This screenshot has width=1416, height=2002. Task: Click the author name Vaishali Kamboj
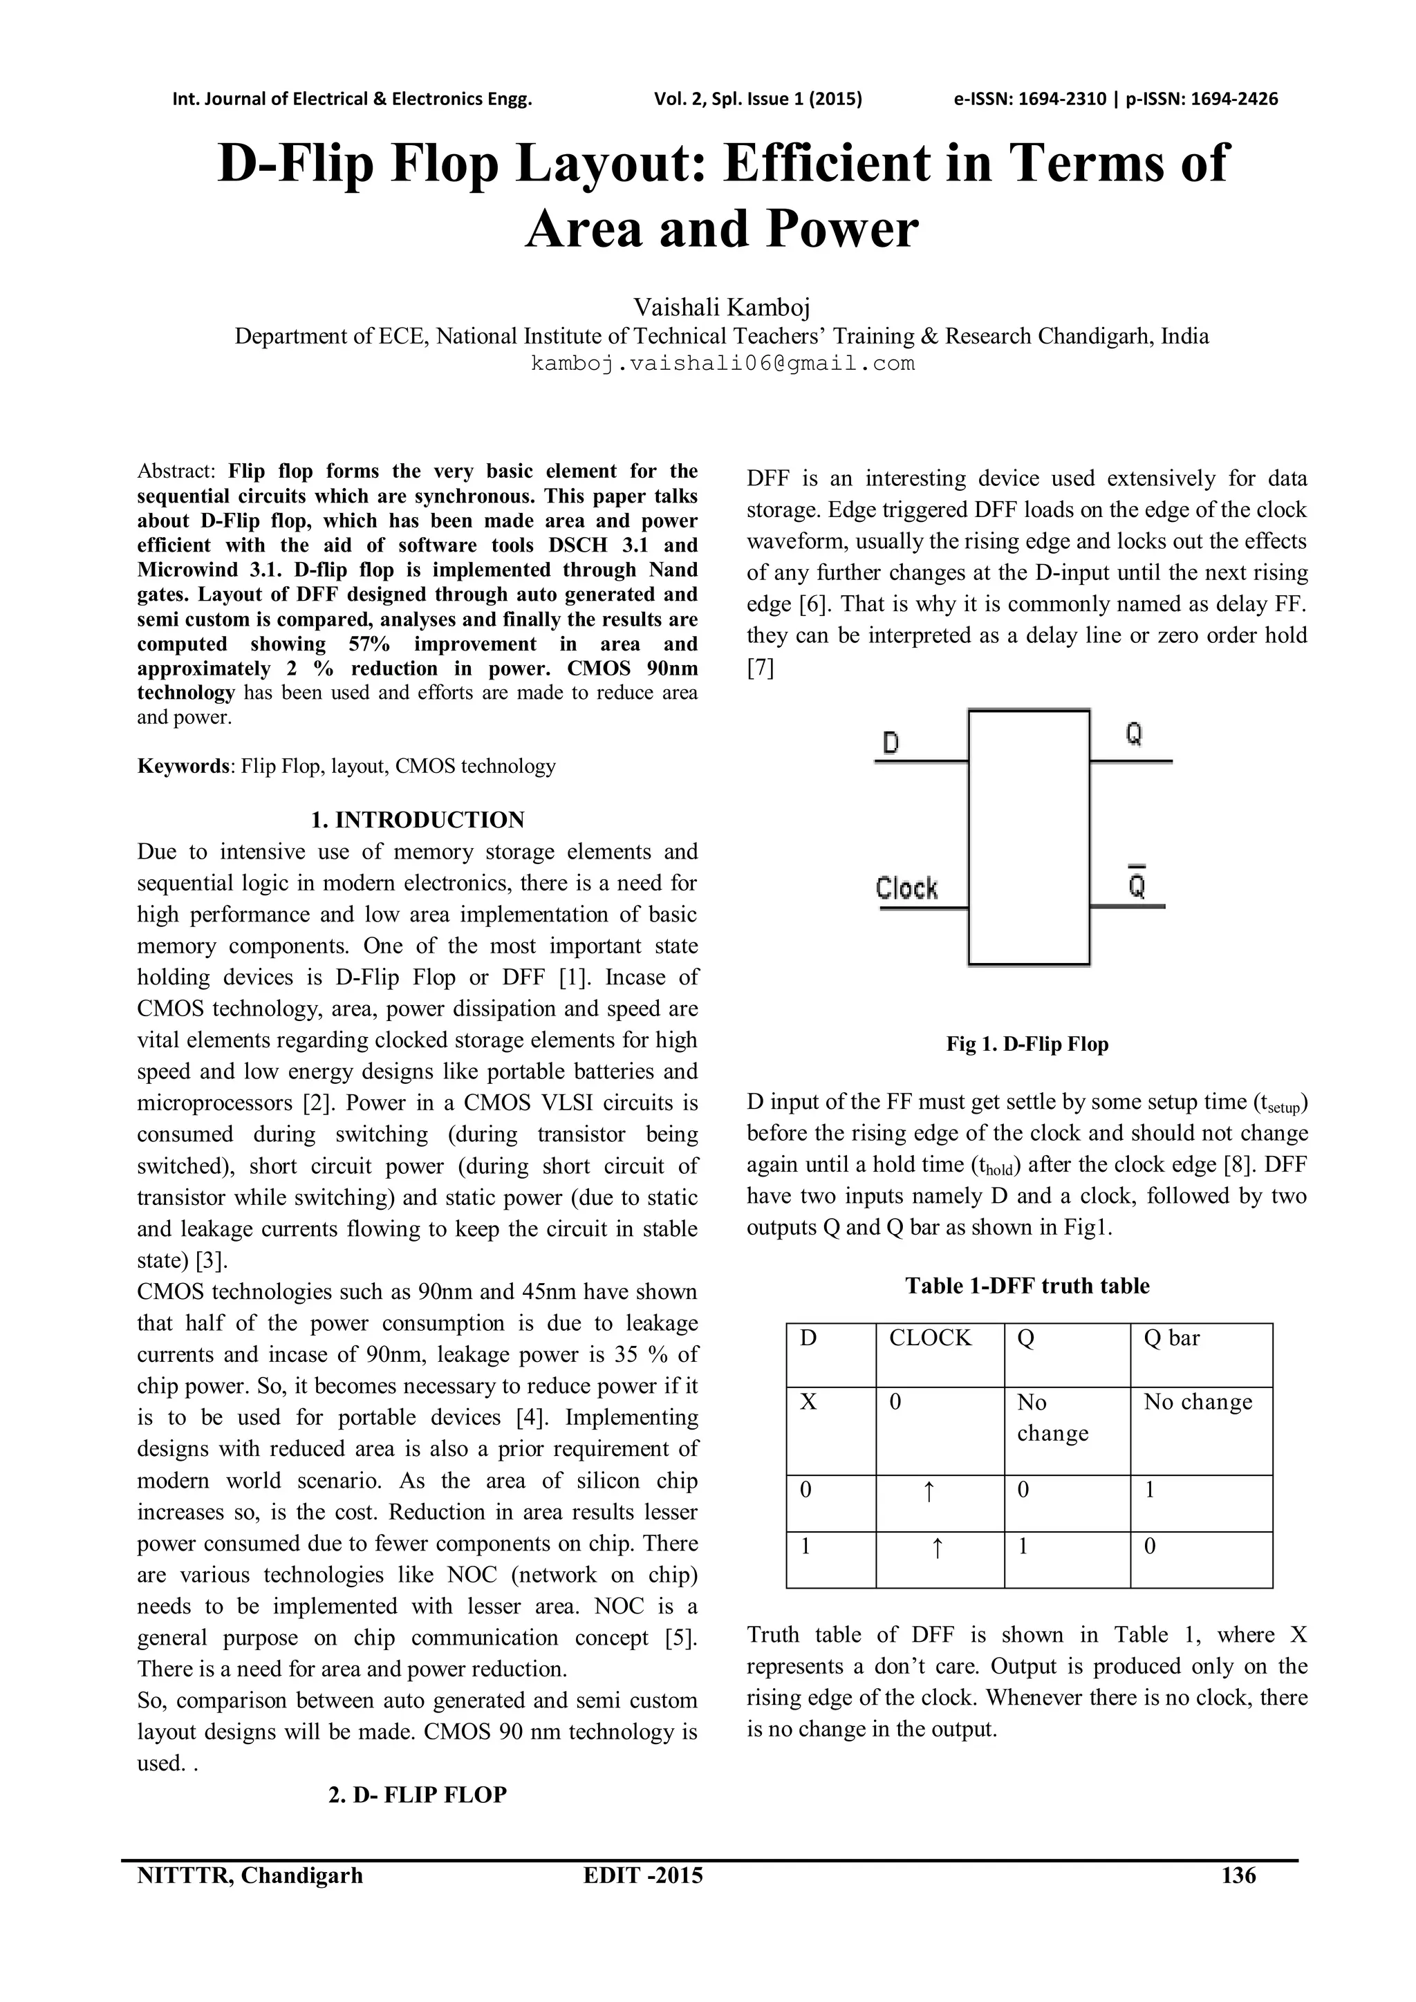pyautogui.click(x=722, y=307)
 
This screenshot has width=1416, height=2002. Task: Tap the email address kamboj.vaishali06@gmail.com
pyautogui.click(x=723, y=364)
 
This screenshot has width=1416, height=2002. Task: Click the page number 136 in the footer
pyautogui.click(x=1238, y=1875)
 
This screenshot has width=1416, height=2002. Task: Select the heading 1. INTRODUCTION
pyautogui.click(x=418, y=820)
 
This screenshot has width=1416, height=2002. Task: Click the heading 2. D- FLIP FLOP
pyautogui.click(x=418, y=1795)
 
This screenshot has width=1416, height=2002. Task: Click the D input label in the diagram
pyautogui.click(x=891, y=743)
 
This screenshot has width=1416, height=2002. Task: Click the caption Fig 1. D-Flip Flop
pyautogui.click(x=1027, y=1044)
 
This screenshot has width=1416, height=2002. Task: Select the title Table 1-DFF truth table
pyautogui.click(x=1027, y=1285)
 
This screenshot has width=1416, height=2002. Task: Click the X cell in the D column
pyautogui.click(x=808, y=1402)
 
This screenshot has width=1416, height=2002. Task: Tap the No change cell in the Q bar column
pyautogui.click(x=1197, y=1402)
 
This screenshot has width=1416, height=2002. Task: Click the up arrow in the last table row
pyautogui.click(x=936, y=1548)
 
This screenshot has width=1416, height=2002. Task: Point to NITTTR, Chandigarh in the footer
pyautogui.click(x=250, y=1875)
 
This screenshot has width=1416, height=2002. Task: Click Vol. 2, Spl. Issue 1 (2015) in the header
pyautogui.click(x=758, y=99)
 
